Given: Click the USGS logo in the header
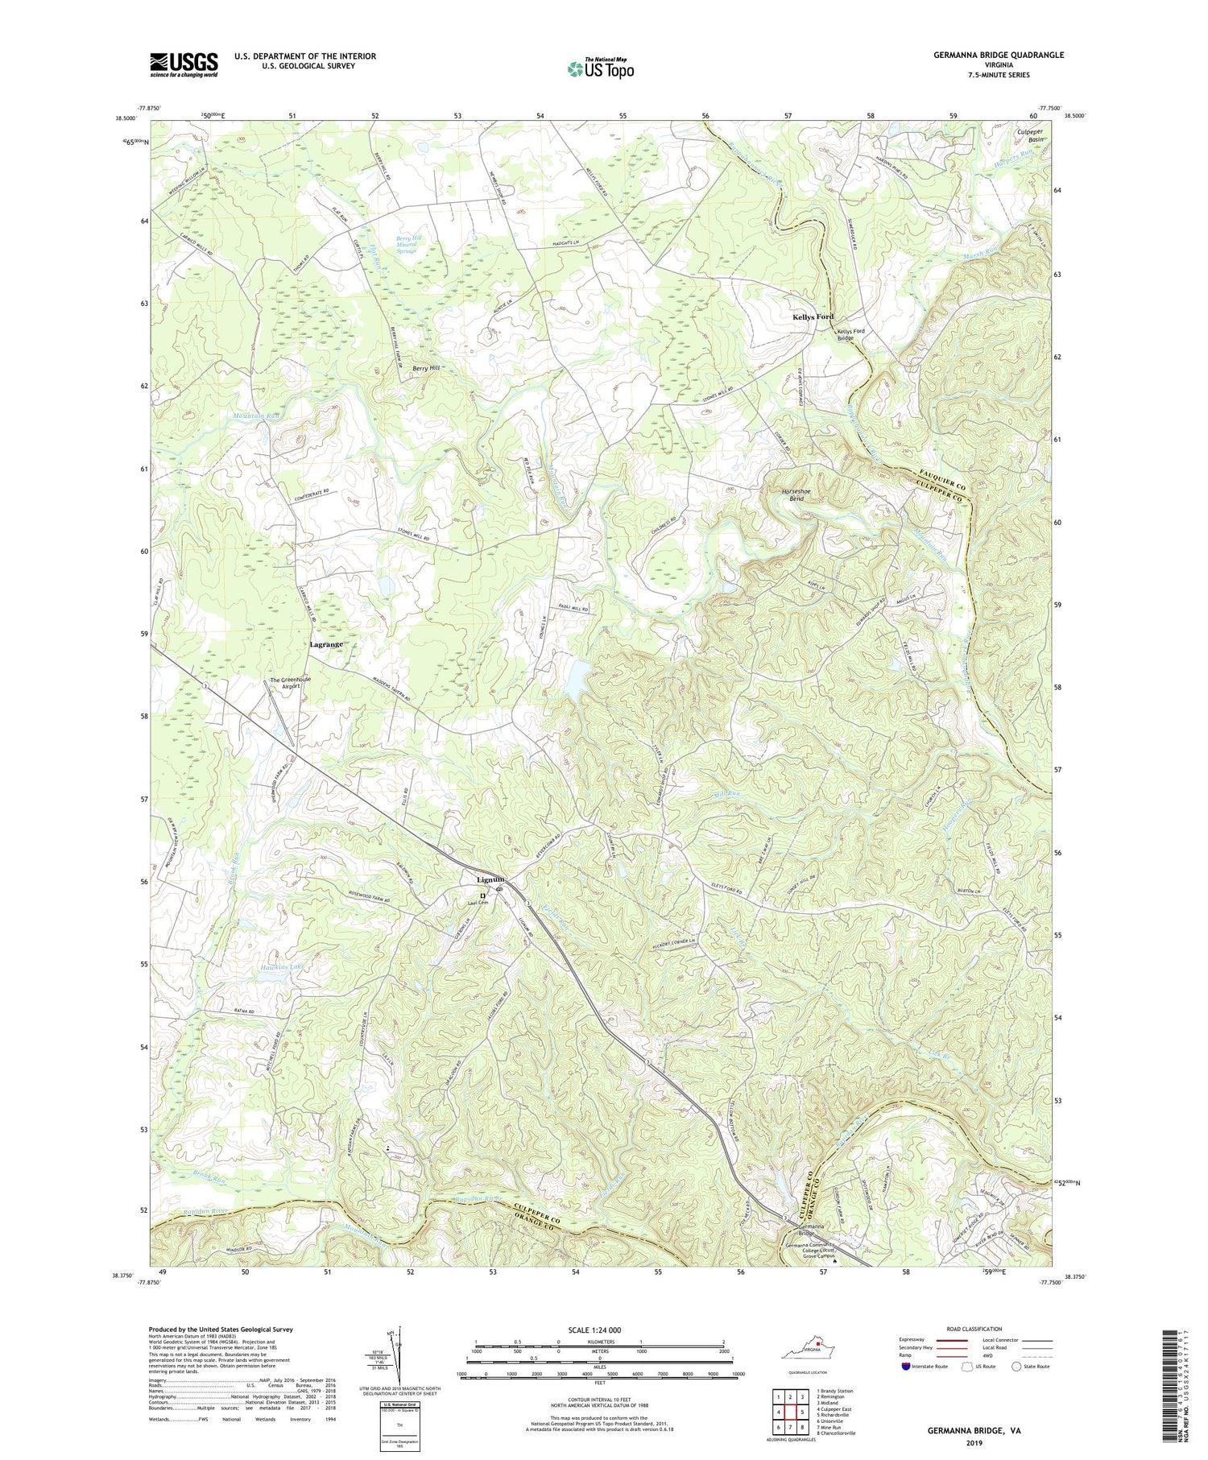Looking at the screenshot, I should point(184,64).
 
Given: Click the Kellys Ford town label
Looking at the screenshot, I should point(812,317).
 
